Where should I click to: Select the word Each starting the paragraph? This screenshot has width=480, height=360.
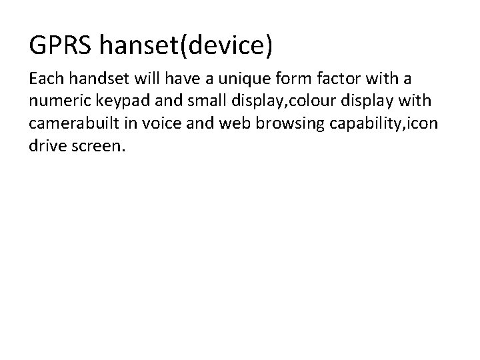tap(45, 80)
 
